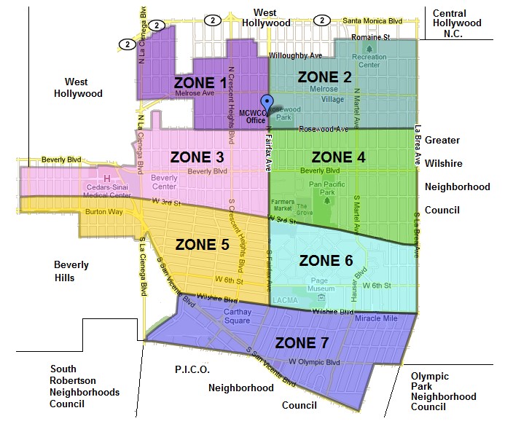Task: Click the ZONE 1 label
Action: (200, 82)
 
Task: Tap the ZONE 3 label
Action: (197, 157)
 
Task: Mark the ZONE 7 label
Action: (301, 343)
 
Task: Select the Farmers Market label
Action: (282, 205)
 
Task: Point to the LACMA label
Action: (280, 299)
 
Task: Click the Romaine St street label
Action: (370, 36)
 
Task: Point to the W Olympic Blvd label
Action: (315, 361)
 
